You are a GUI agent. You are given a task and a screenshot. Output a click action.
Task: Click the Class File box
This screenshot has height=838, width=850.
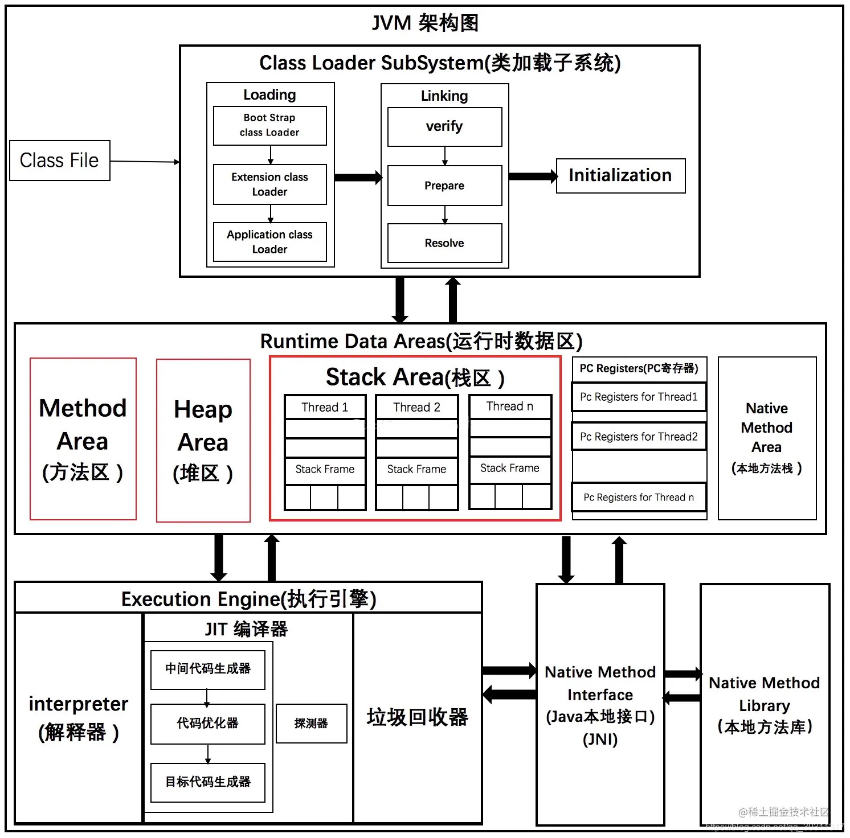pyautogui.click(x=60, y=161)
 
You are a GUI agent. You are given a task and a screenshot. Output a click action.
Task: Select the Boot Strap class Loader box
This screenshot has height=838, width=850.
pyautogui.click(x=269, y=125)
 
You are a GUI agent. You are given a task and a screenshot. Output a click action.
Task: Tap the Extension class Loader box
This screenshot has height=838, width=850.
pyautogui.click(x=269, y=184)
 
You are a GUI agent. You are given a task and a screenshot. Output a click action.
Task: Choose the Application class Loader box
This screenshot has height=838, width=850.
pyautogui.click(x=269, y=242)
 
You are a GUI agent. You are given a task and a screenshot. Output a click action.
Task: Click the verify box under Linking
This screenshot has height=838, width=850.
pyautogui.click(x=444, y=126)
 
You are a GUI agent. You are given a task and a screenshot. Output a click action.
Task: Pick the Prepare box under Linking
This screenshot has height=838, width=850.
pyautogui.click(x=444, y=186)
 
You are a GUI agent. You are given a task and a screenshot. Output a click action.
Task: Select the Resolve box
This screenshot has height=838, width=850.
pyautogui.click(x=444, y=243)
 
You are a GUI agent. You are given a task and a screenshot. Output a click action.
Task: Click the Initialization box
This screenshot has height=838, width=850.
pyautogui.click(x=620, y=175)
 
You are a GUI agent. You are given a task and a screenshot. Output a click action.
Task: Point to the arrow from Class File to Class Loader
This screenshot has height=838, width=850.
pyautogui.click(x=145, y=162)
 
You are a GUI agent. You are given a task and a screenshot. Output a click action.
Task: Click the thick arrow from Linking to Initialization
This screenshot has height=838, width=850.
pyautogui.click(x=533, y=176)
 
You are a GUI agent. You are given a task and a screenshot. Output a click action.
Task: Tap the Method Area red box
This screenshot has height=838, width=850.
pyautogui.click(x=83, y=439)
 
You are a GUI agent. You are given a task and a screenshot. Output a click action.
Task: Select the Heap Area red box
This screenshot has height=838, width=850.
pyautogui.click(x=203, y=440)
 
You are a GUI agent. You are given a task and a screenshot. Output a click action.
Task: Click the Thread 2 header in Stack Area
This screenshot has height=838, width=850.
pyautogui.click(x=416, y=407)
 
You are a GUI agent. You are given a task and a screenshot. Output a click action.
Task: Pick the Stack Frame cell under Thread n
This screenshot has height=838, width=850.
pyautogui.click(x=510, y=469)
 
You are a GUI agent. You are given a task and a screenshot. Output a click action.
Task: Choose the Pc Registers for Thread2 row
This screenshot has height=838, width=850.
pyautogui.click(x=639, y=437)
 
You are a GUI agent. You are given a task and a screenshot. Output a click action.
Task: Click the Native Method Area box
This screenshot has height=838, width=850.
pyautogui.click(x=767, y=438)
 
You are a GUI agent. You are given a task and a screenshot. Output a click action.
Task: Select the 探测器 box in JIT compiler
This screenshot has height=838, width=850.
pyautogui.click(x=311, y=723)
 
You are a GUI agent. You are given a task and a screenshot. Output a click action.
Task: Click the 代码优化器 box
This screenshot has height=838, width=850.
pyautogui.click(x=208, y=724)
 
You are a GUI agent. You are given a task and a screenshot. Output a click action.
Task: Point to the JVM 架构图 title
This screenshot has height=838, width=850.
pyautogui.click(x=425, y=23)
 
